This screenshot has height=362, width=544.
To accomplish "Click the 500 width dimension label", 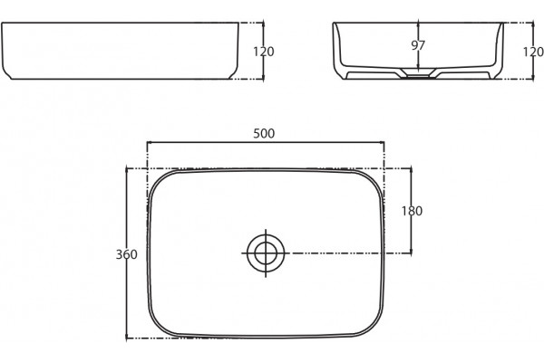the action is pos(264,133).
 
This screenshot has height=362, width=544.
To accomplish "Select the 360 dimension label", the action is pos(126,254).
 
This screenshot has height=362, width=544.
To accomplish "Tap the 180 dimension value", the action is pos(412,211).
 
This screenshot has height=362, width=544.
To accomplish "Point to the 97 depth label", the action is pos(418,45).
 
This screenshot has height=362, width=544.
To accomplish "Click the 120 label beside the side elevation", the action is pos(264,52).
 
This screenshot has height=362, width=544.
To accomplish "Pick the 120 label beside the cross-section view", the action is pos(533,52).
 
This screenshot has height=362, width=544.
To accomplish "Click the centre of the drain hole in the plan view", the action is pos(266,253).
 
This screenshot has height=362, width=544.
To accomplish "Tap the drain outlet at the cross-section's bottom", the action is pos(418,75).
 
